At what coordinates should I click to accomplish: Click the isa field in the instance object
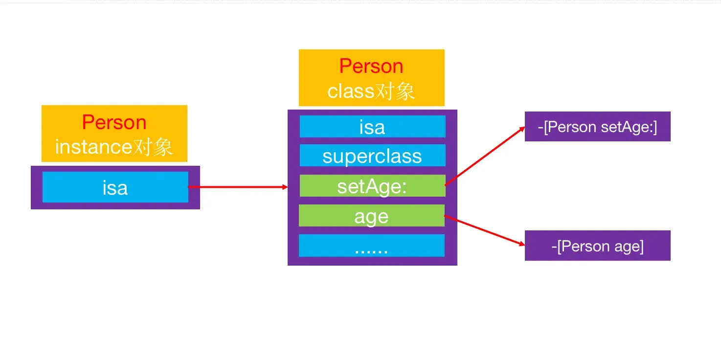[115, 187]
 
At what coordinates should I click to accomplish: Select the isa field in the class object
[372, 127]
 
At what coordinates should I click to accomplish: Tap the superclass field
[372, 156]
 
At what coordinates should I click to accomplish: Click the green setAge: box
[372, 186]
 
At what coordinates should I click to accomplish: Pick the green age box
[371, 216]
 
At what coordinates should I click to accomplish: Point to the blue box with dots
[371, 246]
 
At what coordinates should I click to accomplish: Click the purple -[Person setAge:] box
[597, 127]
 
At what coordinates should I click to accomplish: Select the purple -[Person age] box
[597, 246]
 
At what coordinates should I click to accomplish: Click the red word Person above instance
[114, 122]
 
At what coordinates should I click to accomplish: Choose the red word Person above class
[371, 66]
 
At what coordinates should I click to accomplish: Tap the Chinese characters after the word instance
[155, 146]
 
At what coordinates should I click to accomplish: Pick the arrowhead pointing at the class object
[284, 187]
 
